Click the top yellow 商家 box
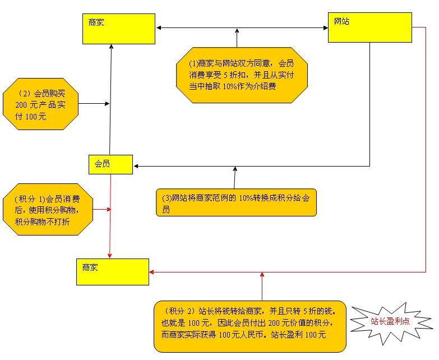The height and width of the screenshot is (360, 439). [119, 29]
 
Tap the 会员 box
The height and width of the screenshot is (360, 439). [110, 164]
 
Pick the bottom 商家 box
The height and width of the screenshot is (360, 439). [113, 272]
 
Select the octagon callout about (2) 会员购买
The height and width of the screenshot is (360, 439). [40, 104]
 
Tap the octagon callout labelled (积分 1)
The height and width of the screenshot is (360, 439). [47, 209]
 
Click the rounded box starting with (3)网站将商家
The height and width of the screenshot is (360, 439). [235, 202]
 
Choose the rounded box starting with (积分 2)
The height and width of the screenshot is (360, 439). [250, 325]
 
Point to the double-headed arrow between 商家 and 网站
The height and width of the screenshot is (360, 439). [241, 27]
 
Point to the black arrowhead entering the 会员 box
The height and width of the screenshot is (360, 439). [136, 165]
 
